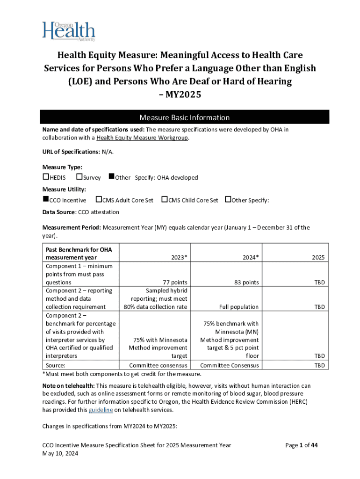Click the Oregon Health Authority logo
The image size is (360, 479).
point(69,31)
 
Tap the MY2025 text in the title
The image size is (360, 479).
point(180,95)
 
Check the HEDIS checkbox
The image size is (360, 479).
point(46,177)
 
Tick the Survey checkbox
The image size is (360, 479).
point(79,177)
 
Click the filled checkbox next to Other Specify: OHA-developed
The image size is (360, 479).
point(111,177)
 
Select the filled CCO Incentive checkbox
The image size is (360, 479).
point(46,200)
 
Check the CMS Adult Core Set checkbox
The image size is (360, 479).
point(99,200)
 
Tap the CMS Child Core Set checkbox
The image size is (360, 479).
point(164,200)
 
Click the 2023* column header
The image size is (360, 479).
point(179,257)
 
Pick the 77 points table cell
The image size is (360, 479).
point(174,283)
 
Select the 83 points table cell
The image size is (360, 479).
point(245,283)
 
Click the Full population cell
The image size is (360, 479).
point(238,307)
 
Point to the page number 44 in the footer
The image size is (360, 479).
point(314,445)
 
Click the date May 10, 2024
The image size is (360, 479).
point(60,454)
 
